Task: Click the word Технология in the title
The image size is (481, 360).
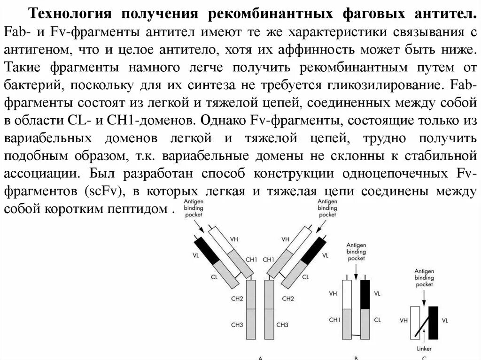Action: (70, 14)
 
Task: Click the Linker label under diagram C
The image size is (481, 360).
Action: (423, 348)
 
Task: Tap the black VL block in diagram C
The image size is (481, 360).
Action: (433, 322)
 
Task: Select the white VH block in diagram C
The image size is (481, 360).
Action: (415, 322)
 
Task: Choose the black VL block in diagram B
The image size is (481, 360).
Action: (365, 294)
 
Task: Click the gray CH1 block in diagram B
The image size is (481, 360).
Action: (347, 323)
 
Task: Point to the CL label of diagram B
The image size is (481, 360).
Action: (377, 320)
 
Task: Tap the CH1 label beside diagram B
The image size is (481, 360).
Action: (334, 320)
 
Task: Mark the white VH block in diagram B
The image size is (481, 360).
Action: (347, 294)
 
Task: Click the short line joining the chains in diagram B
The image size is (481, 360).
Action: (356, 336)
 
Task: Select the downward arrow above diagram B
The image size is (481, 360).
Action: (356, 271)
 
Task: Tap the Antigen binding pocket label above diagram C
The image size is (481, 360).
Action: (424, 277)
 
